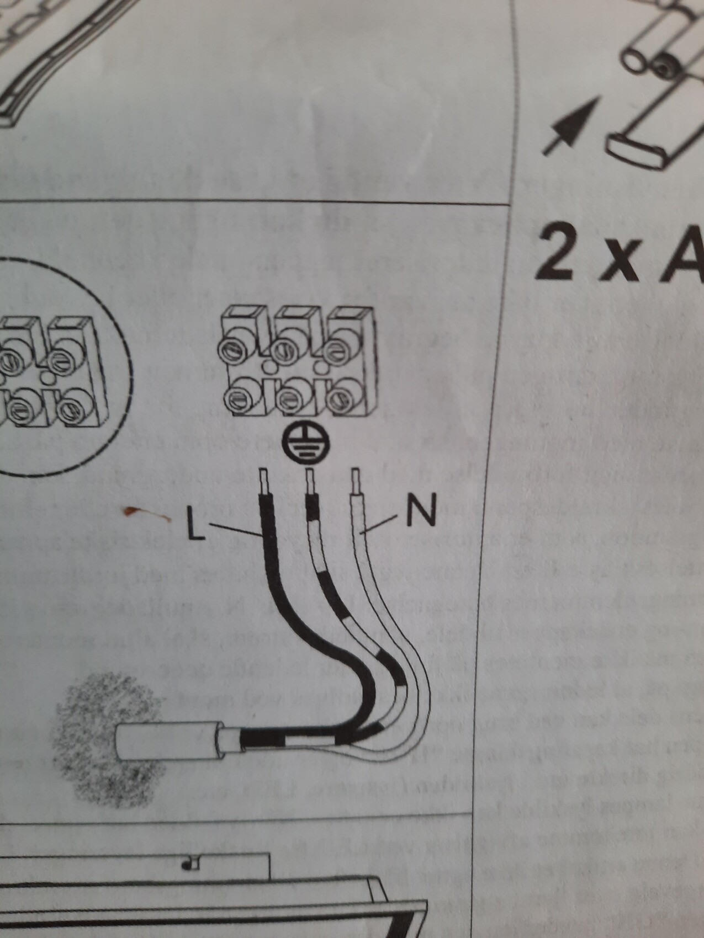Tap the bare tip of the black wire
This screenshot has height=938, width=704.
point(266,481)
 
